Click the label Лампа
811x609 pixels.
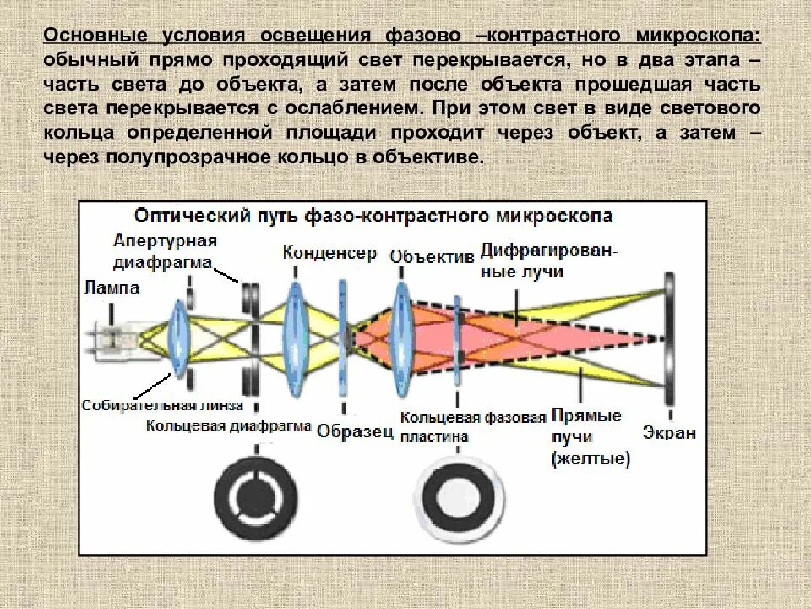pyautogui.click(x=112, y=288)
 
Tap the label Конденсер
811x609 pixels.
pyautogui.click(x=329, y=252)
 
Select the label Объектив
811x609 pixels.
pyautogui.click(x=432, y=257)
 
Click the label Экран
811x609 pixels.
pyautogui.click(x=670, y=433)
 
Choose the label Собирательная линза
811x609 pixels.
pyautogui.click(x=161, y=405)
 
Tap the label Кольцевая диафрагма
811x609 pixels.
pyautogui.click(x=228, y=425)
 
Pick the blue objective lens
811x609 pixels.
pyautogui.click(x=400, y=337)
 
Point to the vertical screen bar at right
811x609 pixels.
pyautogui.click(x=667, y=338)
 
